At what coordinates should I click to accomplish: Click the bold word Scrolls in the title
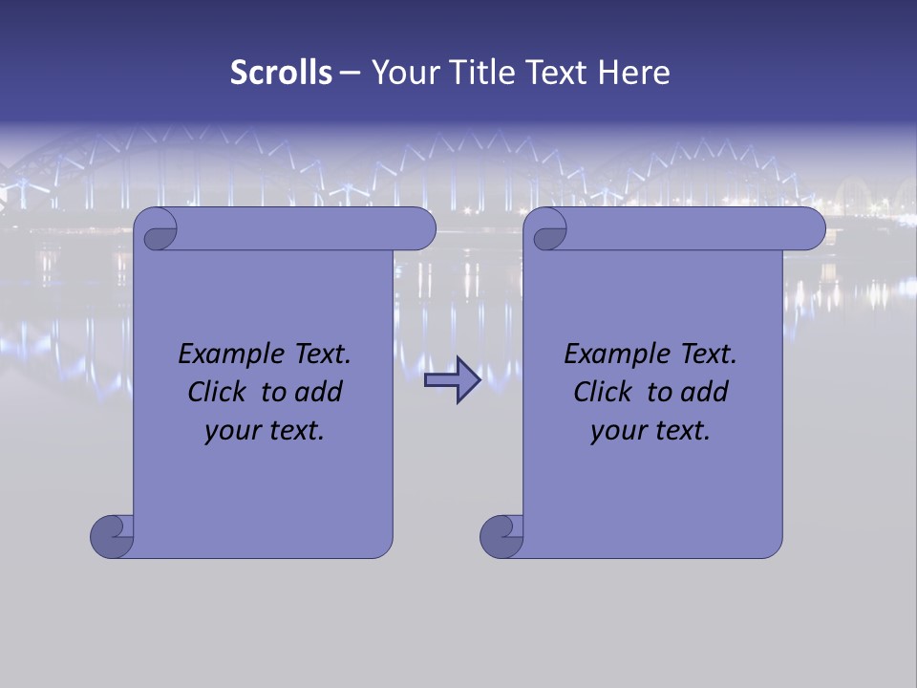click(281, 73)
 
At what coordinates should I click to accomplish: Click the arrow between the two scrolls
click(452, 380)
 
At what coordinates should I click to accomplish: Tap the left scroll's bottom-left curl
click(112, 536)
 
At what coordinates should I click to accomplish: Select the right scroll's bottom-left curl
click(501, 536)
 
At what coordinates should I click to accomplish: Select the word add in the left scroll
click(319, 392)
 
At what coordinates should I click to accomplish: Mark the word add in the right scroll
click(705, 392)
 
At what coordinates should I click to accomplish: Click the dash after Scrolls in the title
click(350, 73)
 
